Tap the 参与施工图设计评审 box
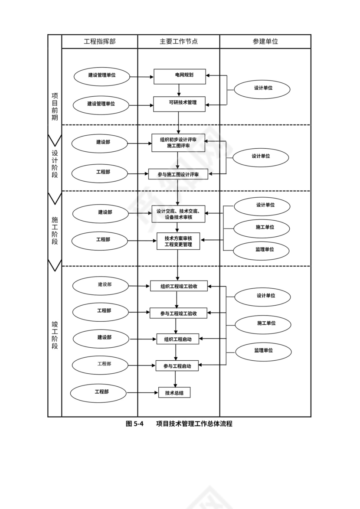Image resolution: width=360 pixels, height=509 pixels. tap(178, 174)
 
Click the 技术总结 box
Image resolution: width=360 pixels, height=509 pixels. tap(174, 393)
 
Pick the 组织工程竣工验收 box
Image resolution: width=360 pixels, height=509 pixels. tap(179, 286)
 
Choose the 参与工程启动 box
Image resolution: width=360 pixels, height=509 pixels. tap(177, 366)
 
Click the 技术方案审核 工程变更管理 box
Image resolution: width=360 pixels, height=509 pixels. tap(178, 241)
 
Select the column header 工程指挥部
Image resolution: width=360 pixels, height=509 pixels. tap(100, 42)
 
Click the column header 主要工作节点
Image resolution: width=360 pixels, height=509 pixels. tap(179, 42)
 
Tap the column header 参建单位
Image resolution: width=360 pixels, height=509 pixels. tap(265, 42)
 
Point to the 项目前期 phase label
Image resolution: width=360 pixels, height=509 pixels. tap(55, 107)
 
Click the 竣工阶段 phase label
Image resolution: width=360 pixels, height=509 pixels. tap(55, 335)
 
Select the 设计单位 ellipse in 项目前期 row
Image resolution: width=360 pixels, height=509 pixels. tap(262, 88)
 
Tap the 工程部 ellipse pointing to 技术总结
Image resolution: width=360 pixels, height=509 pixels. tap(99, 392)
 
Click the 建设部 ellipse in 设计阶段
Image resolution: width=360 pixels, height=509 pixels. tap(100, 143)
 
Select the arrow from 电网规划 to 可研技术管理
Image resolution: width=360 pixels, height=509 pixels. tap(179, 90)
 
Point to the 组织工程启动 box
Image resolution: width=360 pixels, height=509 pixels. tap(177, 339)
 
